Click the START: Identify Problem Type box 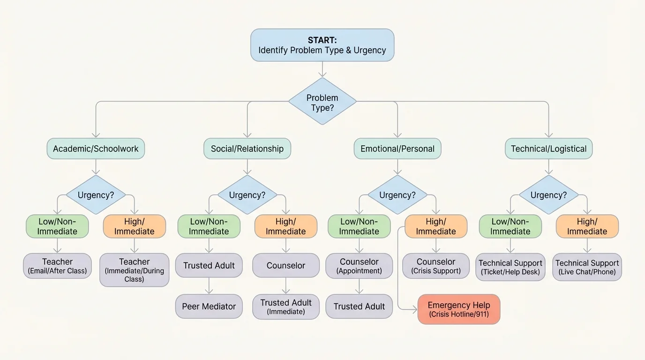pos(322,45)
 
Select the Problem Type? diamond pos(322,102)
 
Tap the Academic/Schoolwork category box pos(96,149)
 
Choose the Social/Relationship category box pos(247,149)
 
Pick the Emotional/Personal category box pos(397,149)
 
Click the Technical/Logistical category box pos(548,149)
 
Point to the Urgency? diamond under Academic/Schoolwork pos(96,195)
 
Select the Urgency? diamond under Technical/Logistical pos(548,195)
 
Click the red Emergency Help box pos(458,309)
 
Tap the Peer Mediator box pos(209,307)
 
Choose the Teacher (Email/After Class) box pos(57,266)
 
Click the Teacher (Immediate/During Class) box pos(134,270)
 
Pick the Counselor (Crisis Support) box pos(436,266)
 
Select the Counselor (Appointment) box pos(359,266)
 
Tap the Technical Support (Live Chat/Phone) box pos(587,267)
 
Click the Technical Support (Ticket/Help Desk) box pos(510,267)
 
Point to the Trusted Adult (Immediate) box pos(285,307)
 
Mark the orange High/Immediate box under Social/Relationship pos(285,226)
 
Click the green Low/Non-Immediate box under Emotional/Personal pos(359,226)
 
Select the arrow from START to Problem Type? pos(322,69)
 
